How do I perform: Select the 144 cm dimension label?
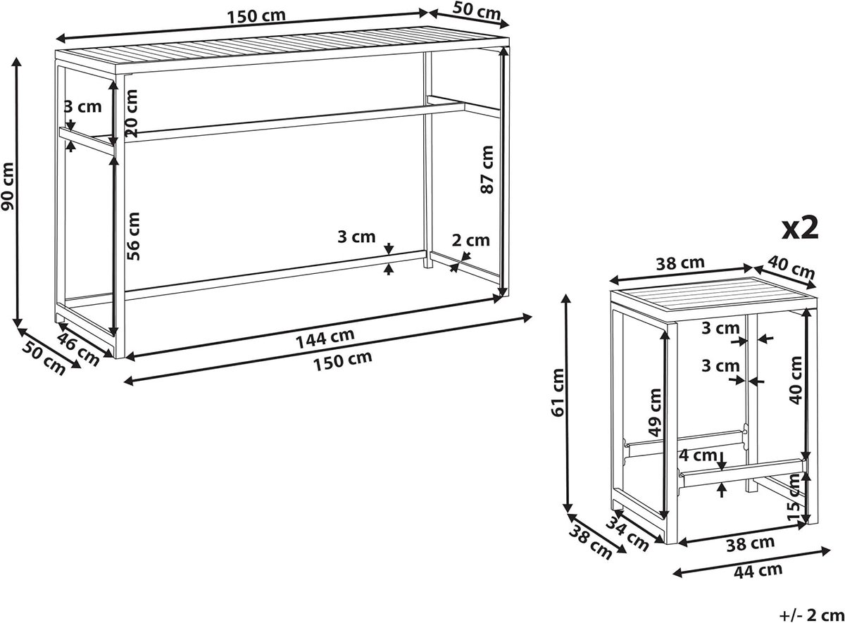pos(325,339)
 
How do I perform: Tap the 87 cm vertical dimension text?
pos(487,170)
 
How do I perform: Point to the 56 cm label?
pos(134,236)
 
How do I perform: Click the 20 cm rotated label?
pos(131,113)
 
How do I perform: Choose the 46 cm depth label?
pos(78,350)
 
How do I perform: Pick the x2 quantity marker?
pos(800,228)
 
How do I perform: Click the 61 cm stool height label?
pos(558,392)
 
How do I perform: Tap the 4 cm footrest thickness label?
pos(698,455)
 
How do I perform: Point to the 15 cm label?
pos(794,498)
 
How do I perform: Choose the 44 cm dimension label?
pos(758,571)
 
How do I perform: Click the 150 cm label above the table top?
pos(256,17)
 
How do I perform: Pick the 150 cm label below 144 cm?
pos(342,361)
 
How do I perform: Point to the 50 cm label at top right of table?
pos(477,11)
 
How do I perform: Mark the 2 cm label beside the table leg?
pos(471,240)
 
